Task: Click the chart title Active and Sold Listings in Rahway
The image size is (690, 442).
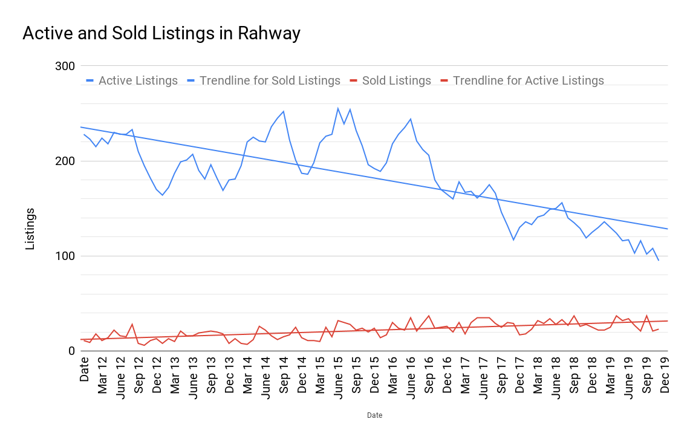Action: click(161, 33)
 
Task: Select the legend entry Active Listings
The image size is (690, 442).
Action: click(138, 81)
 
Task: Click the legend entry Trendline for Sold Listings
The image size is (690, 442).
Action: click(270, 81)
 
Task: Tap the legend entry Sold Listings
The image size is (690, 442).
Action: click(396, 81)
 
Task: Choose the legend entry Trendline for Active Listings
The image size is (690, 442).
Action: click(528, 81)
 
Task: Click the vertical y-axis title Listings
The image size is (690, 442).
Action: click(30, 229)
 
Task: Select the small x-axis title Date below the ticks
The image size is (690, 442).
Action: click(374, 415)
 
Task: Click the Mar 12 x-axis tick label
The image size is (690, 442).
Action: click(102, 375)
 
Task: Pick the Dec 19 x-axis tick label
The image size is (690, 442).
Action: click(665, 375)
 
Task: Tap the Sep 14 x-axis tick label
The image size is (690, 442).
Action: click(284, 375)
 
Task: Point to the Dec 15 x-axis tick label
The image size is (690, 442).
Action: click(374, 375)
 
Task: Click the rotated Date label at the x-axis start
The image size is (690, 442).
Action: click(84, 369)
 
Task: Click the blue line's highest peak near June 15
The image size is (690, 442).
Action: click(338, 108)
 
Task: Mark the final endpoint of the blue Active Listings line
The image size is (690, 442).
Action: click(659, 260)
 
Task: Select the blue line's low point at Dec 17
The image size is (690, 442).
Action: click(513, 240)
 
